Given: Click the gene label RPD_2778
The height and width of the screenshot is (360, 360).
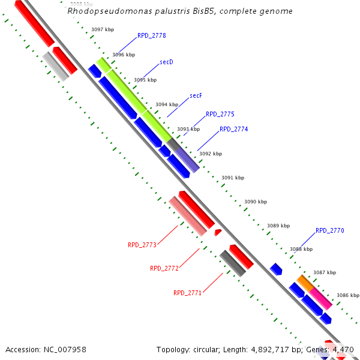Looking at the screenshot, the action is (151, 36).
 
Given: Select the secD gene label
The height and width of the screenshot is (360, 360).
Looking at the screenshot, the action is (166, 62).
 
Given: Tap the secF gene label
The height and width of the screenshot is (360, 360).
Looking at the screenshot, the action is (196, 95).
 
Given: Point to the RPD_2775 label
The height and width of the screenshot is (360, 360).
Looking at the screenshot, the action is (220, 114).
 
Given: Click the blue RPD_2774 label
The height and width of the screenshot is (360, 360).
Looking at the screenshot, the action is (233, 129).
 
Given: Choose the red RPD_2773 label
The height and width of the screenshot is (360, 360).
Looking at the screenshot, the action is (142, 245).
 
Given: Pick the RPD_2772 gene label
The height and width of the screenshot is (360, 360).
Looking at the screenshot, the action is (164, 268).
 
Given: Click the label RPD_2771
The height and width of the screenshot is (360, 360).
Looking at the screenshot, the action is (187, 293).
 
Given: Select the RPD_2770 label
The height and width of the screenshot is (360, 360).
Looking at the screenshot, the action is (329, 230).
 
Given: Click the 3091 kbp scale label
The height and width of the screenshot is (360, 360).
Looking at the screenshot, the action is (233, 178).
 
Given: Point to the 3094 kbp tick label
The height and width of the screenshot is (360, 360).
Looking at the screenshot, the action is (167, 104).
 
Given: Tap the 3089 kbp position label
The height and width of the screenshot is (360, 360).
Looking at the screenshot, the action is (278, 226).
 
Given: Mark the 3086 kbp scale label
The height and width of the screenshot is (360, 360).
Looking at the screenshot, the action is (347, 295).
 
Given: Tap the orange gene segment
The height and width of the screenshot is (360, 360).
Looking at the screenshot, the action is (305, 282).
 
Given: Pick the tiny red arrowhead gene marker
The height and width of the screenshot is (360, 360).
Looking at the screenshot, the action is (218, 232).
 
